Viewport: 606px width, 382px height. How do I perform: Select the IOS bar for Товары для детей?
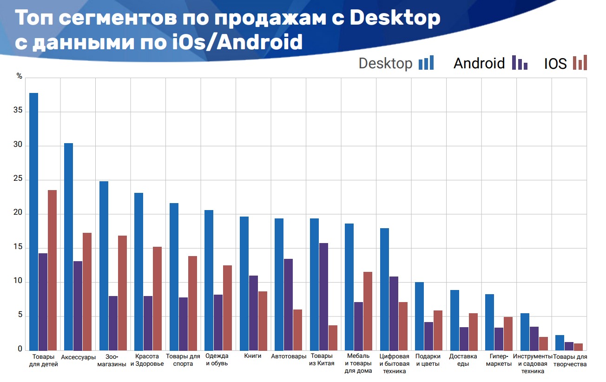pyautogui.click(x=52, y=270)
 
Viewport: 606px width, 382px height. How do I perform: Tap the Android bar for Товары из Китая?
pyautogui.click(x=323, y=296)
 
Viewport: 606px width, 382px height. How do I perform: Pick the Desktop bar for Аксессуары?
pyautogui.click(x=68, y=247)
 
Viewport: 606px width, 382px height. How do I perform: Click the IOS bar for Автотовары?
pyautogui.click(x=297, y=330)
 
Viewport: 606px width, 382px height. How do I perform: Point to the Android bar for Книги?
pyautogui.click(x=253, y=313)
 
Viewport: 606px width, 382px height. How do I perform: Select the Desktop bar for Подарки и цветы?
pyautogui.click(x=419, y=316)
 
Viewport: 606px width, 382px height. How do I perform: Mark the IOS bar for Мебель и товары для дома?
pyautogui.click(x=368, y=311)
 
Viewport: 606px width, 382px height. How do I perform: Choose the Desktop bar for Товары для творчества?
pyautogui.click(x=560, y=342)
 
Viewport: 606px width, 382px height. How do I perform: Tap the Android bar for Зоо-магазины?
pyautogui.click(x=113, y=323)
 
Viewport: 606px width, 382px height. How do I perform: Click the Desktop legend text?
pyautogui.click(x=385, y=63)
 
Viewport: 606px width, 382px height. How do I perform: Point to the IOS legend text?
pyautogui.click(x=555, y=64)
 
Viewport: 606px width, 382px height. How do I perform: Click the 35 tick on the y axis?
pyautogui.click(x=18, y=112)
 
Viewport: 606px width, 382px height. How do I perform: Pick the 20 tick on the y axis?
pyautogui.click(x=18, y=214)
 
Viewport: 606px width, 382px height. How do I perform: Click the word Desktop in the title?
pyautogui.click(x=395, y=18)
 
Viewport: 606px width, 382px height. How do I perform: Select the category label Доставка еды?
pyautogui.click(x=463, y=360)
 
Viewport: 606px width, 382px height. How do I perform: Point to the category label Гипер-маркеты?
pyautogui.click(x=499, y=360)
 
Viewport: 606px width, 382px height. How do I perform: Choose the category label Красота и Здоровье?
pyautogui.click(x=147, y=360)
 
